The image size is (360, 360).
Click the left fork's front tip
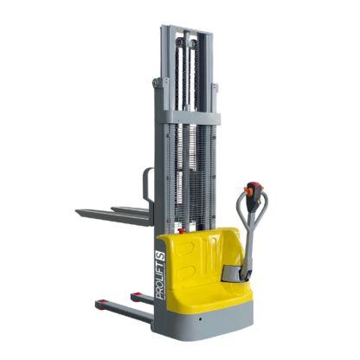pyautogui.click(x=79, y=210)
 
